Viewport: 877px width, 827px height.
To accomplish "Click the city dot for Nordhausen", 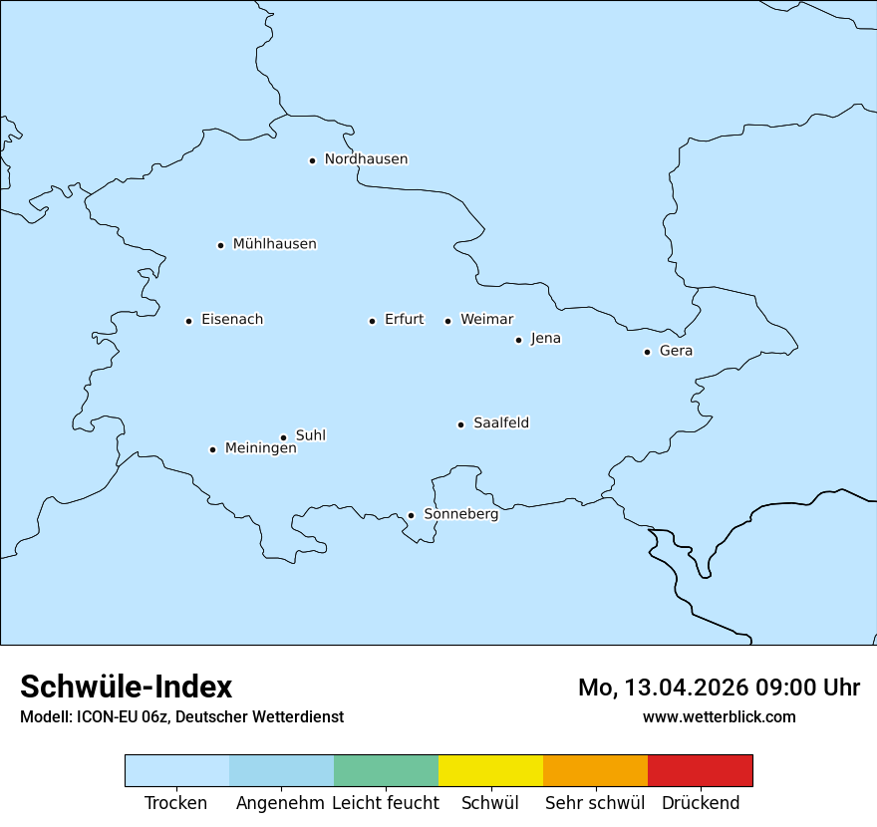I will click(x=312, y=160).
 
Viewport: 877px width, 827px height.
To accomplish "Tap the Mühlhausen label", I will click(x=274, y=244).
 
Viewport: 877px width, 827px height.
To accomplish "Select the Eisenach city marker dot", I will click(x=188, y=321).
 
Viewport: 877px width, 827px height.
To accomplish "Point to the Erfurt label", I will click(x=404, y=320).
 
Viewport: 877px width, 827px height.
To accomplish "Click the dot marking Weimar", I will click(x=447, y=321).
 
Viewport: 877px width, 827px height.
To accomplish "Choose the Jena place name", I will click(x=545, y=339).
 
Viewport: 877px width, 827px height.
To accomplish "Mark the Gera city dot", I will click(x=647, y=352).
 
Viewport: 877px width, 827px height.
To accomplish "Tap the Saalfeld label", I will click(x=501, y=423).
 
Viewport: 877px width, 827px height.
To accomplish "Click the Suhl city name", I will click(x=311, y=435).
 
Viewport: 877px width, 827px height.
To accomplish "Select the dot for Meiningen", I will click(x=212, y=449).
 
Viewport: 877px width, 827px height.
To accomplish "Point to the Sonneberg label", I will click(x=460, y=514).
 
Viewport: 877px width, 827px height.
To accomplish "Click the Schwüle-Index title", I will click(x=127, y=687).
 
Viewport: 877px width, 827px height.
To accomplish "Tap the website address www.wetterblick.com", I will click(x=719, y=716).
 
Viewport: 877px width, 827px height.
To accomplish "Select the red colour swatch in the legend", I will click(x=700, y=770).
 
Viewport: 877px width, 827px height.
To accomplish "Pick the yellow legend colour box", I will click(x=490, y=770).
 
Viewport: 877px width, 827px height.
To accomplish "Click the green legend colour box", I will click(x=386, y=770).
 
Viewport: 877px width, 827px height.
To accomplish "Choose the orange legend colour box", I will click(x=595, y=770).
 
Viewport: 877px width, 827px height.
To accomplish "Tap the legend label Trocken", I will click(x=176, y=803).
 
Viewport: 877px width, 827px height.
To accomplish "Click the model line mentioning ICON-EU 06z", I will click(x=181, y=717).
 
